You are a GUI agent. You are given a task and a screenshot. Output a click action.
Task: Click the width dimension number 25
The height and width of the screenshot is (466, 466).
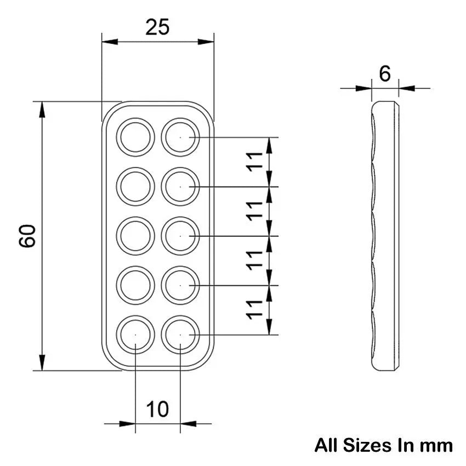(x=157, y=27)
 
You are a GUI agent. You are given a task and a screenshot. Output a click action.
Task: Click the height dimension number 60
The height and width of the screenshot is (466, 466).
(x=28, y=236)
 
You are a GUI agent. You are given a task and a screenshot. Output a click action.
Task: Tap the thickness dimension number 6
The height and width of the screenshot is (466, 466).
(x=385, y=73)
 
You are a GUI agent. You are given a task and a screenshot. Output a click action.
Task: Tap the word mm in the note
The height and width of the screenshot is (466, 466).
(x=436, y=445)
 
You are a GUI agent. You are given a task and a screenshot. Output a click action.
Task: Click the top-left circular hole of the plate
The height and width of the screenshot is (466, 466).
(x=135, y=137)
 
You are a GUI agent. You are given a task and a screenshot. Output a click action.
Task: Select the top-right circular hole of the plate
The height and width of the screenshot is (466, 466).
(x=180, y=137)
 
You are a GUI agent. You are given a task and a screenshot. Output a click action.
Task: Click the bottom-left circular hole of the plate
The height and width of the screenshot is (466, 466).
(x=135, y=334)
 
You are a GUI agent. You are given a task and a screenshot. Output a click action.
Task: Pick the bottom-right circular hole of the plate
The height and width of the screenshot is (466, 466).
(x=180, y=334)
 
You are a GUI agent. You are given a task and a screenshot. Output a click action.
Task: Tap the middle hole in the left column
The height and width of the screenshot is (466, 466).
(x=135, y=236)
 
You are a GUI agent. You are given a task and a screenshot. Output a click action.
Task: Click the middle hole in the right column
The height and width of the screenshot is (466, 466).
(x=180, y=236)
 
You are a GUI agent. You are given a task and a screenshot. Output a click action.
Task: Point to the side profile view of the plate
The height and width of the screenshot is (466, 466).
(x=385, y=236)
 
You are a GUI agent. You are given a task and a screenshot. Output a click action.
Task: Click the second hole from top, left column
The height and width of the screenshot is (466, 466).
(x=135, y=186)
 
